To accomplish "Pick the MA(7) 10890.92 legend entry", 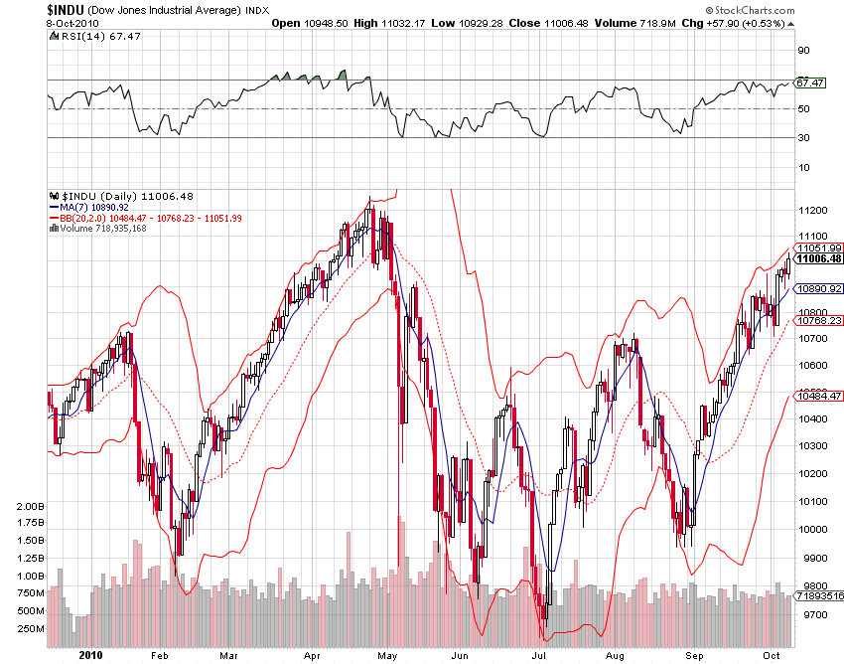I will click(x=93, y=207).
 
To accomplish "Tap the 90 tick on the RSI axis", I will click(x=802, y=50).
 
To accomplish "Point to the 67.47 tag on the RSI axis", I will click(x=811, y=83).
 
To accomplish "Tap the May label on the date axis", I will click(x=388, y=655).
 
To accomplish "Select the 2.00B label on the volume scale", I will click(x=32, y=506).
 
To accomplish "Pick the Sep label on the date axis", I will click(x=694, y=655).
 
